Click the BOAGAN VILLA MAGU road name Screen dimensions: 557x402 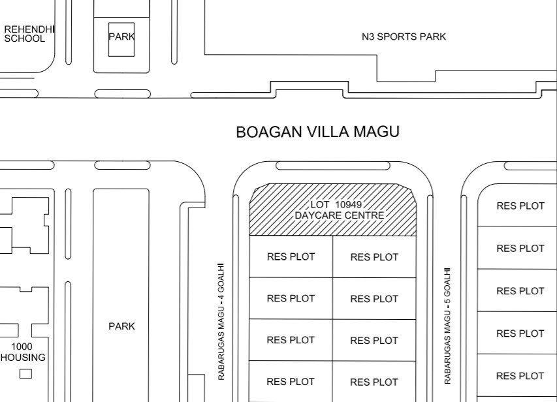click(x=317, y=132)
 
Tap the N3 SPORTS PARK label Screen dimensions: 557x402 click(x=404, y=37)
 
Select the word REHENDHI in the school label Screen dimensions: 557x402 click(x=29, y=29)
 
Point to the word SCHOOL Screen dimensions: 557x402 click(x=25, y=39)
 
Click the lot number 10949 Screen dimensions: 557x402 click(x=348, y=204)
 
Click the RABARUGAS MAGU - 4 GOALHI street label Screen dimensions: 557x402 click(x=221, y=321)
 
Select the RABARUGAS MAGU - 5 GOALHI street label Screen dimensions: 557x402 click(x=447, y=326)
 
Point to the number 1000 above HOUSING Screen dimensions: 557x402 click(x=22, y=347)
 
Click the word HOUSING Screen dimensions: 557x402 click(x=23, y=357)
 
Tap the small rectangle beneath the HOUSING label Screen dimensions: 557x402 click(x=25, y=373)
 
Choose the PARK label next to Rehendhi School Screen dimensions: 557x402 click(x=121, y=37)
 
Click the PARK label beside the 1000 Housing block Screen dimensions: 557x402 click(x=121, y=326)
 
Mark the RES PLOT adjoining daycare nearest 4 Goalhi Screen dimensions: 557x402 click(x=291, y=256)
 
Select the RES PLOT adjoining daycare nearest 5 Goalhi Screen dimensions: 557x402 click(x=374, y=257)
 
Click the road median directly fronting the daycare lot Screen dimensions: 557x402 click(x=333, y=166)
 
